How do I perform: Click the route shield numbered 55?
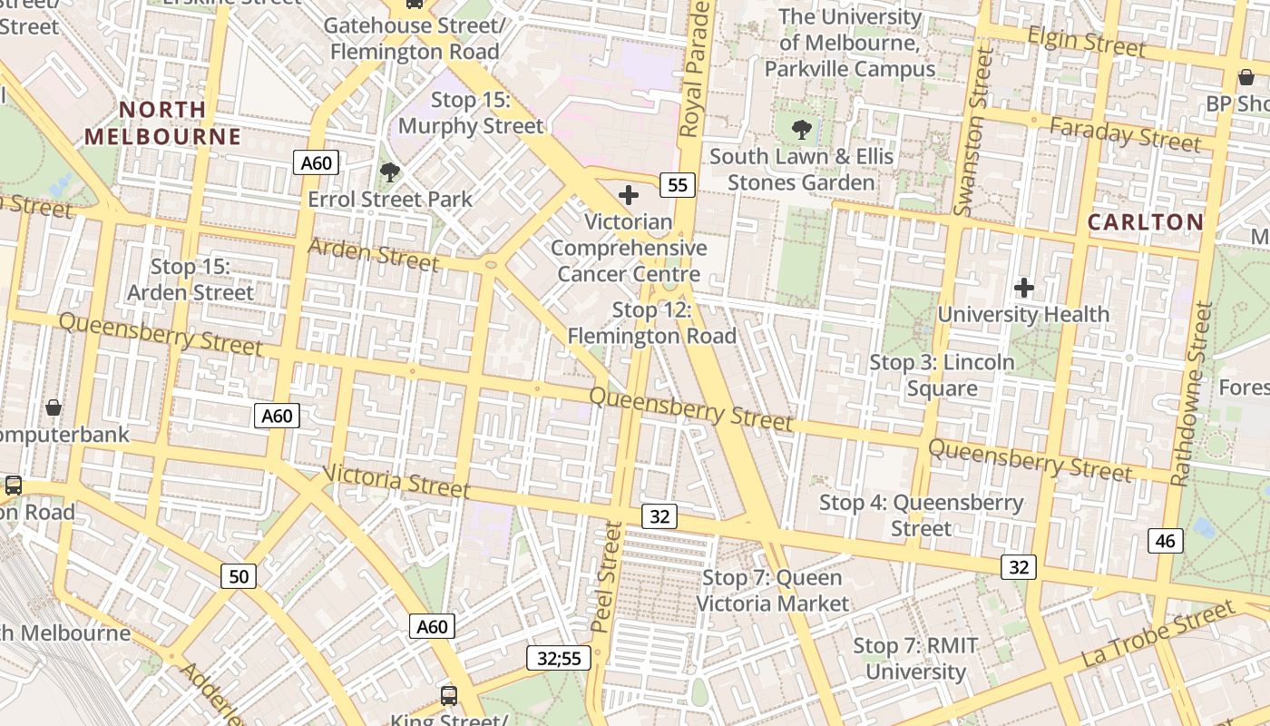677,185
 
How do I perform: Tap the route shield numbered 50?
239,575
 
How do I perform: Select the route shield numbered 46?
1165,541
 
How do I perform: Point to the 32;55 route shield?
559,658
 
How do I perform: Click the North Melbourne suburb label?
163,123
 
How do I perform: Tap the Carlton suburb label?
1146,221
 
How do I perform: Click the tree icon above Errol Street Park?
390,172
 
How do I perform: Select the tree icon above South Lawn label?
801,130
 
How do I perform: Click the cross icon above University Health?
1024,289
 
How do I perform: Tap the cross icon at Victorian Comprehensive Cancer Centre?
628,195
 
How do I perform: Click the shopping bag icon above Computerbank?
54,407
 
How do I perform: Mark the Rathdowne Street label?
1191,394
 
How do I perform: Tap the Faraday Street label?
1125,134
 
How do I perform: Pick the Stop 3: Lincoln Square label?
942,375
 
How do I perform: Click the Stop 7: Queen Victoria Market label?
772,590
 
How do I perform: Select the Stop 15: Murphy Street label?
471,113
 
